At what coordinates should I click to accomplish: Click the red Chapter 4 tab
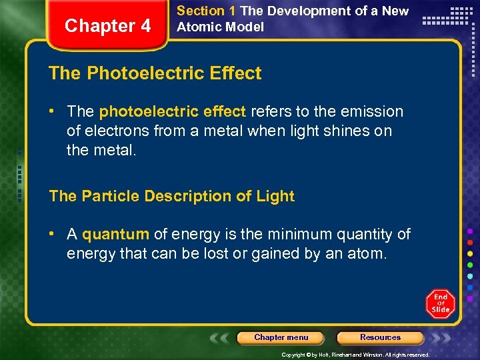pos(107,26)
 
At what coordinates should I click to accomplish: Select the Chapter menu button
pos(281,337)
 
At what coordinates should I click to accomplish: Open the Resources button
pos(380,337)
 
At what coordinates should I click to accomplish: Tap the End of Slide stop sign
pos(441,303)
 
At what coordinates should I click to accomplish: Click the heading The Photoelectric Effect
pos(155,73)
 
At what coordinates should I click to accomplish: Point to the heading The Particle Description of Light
pos(171,196)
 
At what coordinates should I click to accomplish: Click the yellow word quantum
pos(116,234)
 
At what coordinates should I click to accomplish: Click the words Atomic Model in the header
pos(220,27)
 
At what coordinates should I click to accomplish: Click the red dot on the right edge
pos(470,243)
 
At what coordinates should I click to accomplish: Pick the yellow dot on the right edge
pos(470,254)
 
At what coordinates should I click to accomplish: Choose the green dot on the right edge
pos(470,265)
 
